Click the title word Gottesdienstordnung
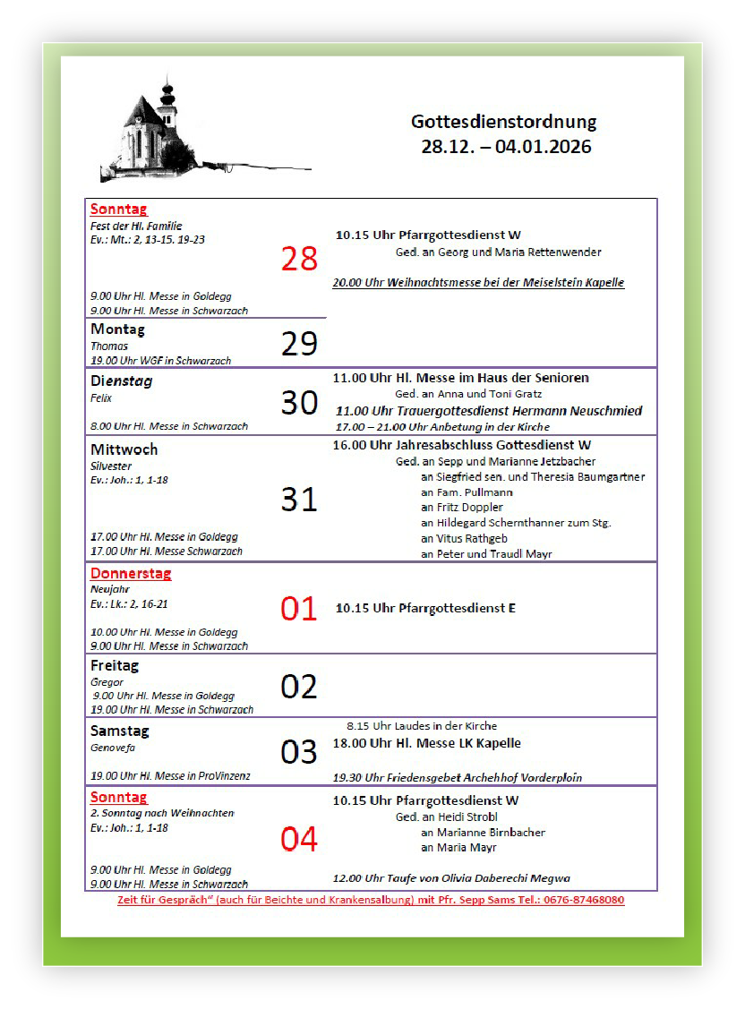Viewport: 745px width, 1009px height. (503, 122)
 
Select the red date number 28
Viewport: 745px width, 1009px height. (299, 259)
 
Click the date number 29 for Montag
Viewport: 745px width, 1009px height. (299, 344)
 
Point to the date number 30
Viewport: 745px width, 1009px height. (299, 403)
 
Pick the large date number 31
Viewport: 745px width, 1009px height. (299, 499)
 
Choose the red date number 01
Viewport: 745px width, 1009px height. (299, 609)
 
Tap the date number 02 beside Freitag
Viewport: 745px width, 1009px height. (299, 687)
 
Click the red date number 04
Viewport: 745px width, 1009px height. (299, 840)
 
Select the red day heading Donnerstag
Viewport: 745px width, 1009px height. (131, 574)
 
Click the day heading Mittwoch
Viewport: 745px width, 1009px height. (124, 449)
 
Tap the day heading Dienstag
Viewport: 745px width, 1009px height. (121, 381)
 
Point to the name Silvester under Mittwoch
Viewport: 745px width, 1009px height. (111, 466)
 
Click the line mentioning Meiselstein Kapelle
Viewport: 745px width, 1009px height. (478, 283)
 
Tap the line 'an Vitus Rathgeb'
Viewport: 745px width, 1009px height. (464, 538)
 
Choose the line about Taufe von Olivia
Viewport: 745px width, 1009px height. (451, 878)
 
